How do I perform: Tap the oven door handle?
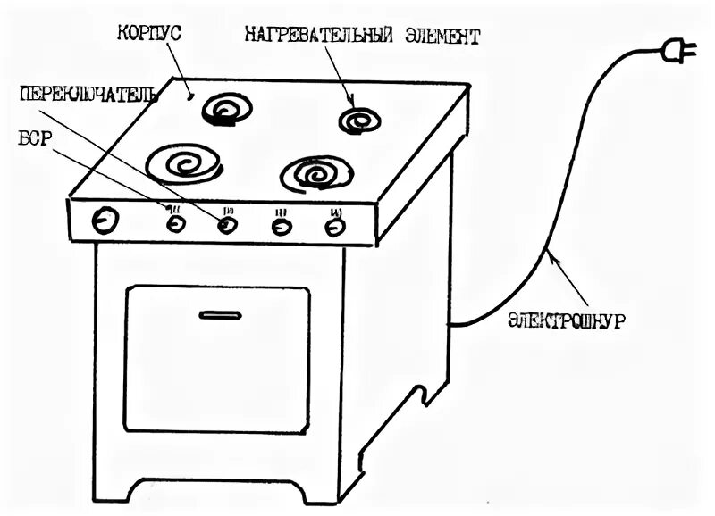pos(220,313)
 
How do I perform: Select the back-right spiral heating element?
pos(362,121)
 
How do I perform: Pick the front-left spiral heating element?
pos(187,163)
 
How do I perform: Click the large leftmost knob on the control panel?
pos(106,221)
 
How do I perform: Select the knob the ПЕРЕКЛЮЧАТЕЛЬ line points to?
pos(227,226)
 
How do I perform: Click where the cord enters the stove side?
pos(452,324)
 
